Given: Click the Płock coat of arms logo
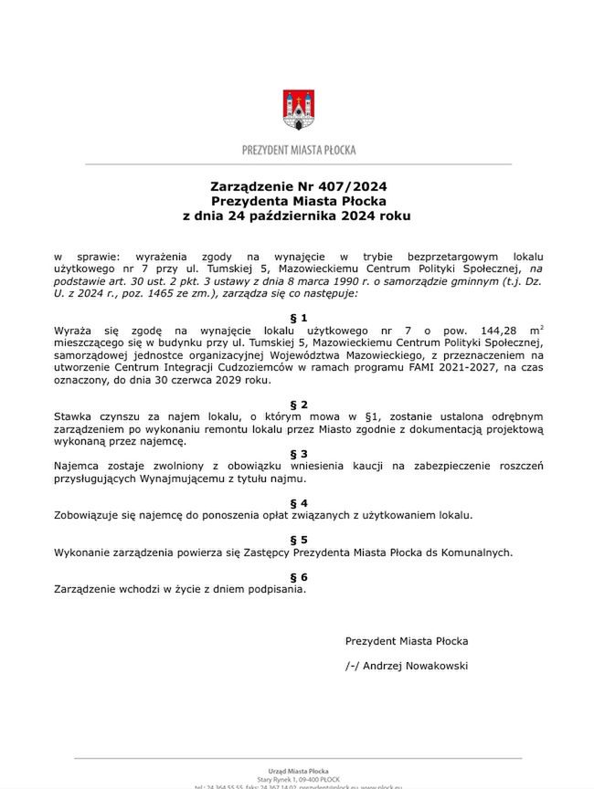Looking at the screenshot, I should click(x=298, y=110).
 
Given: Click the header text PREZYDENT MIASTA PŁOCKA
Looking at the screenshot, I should click(x=299, y=150).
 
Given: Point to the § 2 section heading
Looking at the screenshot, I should click(x=298, y=404).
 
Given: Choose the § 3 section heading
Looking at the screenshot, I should click(x=298, y=453).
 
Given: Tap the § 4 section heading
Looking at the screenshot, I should click(x=298, y=502).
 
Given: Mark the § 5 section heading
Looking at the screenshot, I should click(x=298, y=540).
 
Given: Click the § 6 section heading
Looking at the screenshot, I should click(x=298, y=577).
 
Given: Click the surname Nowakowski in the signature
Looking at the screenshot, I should click(x=429, y=666).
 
